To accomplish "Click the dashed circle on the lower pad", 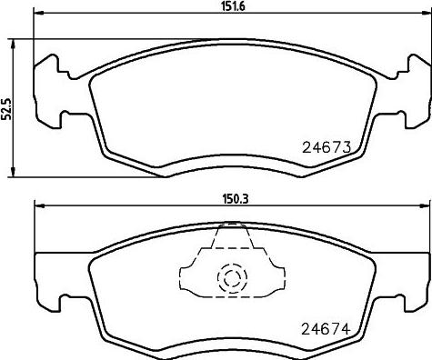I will click(x=229, y=276).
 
